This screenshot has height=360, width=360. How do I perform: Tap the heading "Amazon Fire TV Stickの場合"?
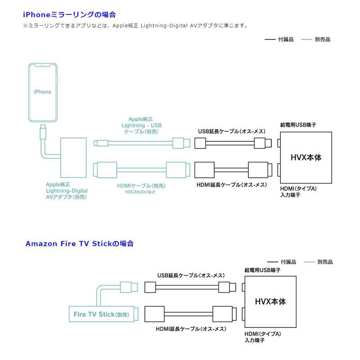80,243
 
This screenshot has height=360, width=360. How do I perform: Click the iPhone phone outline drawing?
43,92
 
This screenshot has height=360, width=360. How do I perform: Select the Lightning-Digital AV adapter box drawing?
74,158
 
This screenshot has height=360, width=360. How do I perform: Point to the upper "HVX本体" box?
306,157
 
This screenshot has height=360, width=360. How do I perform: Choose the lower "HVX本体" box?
270,301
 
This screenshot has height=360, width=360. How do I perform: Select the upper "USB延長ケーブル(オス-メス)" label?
231,131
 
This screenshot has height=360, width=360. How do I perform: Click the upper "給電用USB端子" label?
298,124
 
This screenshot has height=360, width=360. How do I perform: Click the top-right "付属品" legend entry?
281,40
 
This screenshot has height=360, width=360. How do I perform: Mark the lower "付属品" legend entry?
283,261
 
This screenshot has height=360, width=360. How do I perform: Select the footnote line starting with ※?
135,26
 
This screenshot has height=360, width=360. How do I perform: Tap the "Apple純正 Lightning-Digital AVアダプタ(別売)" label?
67,191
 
